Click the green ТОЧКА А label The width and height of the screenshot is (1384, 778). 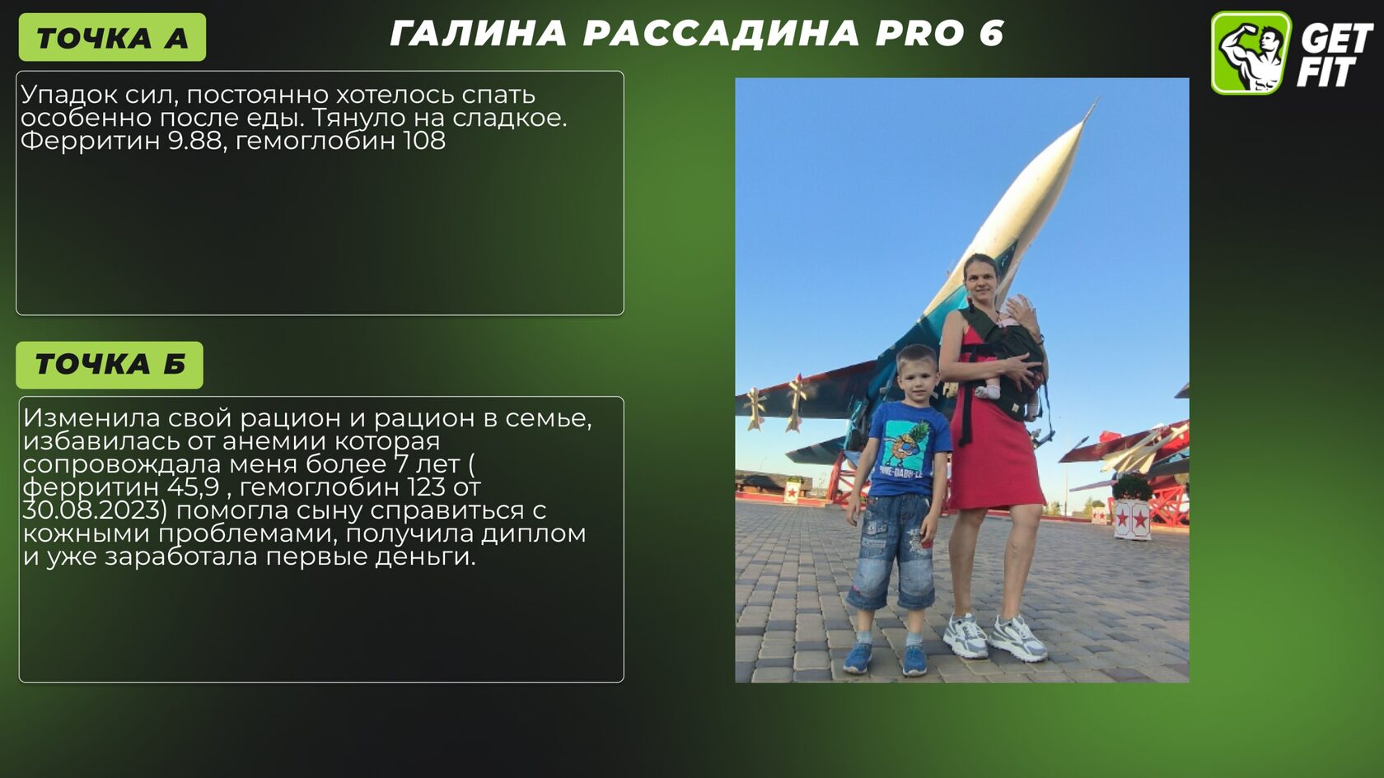coord(112,37)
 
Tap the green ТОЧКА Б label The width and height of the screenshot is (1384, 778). coord(110,365)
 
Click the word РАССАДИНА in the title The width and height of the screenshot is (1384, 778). coord(721,33)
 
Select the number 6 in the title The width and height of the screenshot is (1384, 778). coord(991,33)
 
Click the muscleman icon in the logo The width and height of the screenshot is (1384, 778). coord(1251,53)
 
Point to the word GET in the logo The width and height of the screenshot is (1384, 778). coord(1336,40)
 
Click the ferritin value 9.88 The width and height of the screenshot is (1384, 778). coord(194,141)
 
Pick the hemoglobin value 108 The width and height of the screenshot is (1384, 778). coord(424,141)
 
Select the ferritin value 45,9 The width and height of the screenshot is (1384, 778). coord(193,487)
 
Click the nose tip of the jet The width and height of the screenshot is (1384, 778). coord(1096,100)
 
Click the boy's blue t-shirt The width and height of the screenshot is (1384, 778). coord(907,449)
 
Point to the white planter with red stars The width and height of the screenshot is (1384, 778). coord(1132,518)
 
